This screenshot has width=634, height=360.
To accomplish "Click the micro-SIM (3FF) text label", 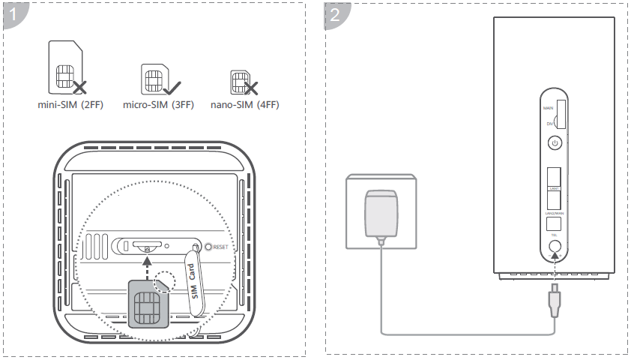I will [x=158, y=105].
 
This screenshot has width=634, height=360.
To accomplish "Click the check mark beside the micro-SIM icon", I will [x=178, y=88].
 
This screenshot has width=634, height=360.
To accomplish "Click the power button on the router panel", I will [x=555, y=142].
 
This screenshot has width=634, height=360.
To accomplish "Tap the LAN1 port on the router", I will [x=555, y=178].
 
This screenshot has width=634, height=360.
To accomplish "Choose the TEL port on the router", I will [x=555, y=223].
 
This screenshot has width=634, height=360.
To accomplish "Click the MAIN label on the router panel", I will [x=548, y=109].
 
